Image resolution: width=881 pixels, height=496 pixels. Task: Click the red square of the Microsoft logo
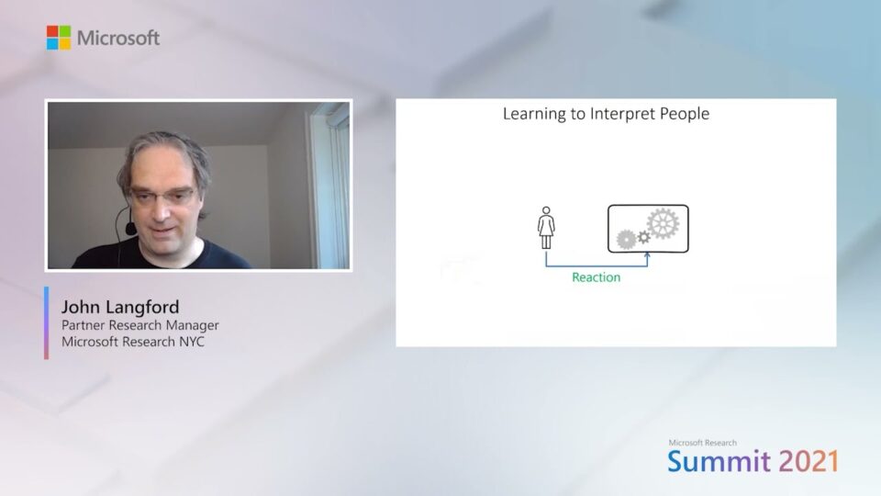point(52,31)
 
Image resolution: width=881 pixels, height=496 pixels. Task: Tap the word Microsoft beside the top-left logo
point(117,38)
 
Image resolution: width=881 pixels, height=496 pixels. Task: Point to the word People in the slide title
point(684,115)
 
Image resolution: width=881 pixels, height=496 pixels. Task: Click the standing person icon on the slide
point(546,228)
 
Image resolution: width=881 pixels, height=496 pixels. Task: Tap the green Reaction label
point(597,276)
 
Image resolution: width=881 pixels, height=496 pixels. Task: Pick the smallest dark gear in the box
point(644,237)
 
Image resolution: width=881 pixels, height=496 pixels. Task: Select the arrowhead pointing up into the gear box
point(648,258)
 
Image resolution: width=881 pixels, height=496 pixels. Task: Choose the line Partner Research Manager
point(139,324)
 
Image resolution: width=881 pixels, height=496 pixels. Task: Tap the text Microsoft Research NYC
point(133,342)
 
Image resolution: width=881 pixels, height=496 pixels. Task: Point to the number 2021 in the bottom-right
point(809,461)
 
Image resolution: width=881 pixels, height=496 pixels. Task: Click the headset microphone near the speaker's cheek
point(132,225)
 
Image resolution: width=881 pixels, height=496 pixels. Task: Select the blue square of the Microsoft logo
point(52,44)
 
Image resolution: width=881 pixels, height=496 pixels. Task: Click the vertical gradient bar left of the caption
point(46,322)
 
